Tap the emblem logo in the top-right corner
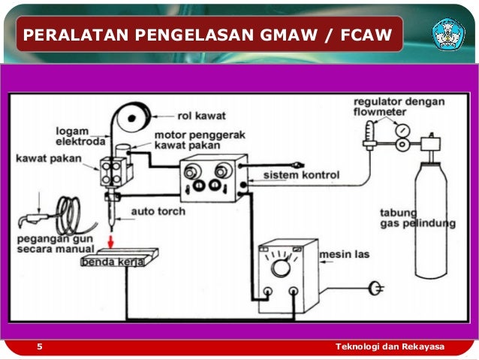448,34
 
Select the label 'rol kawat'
201,116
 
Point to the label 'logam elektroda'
80,135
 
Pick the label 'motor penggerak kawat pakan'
191,141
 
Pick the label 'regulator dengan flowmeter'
400,107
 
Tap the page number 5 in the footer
40,346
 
